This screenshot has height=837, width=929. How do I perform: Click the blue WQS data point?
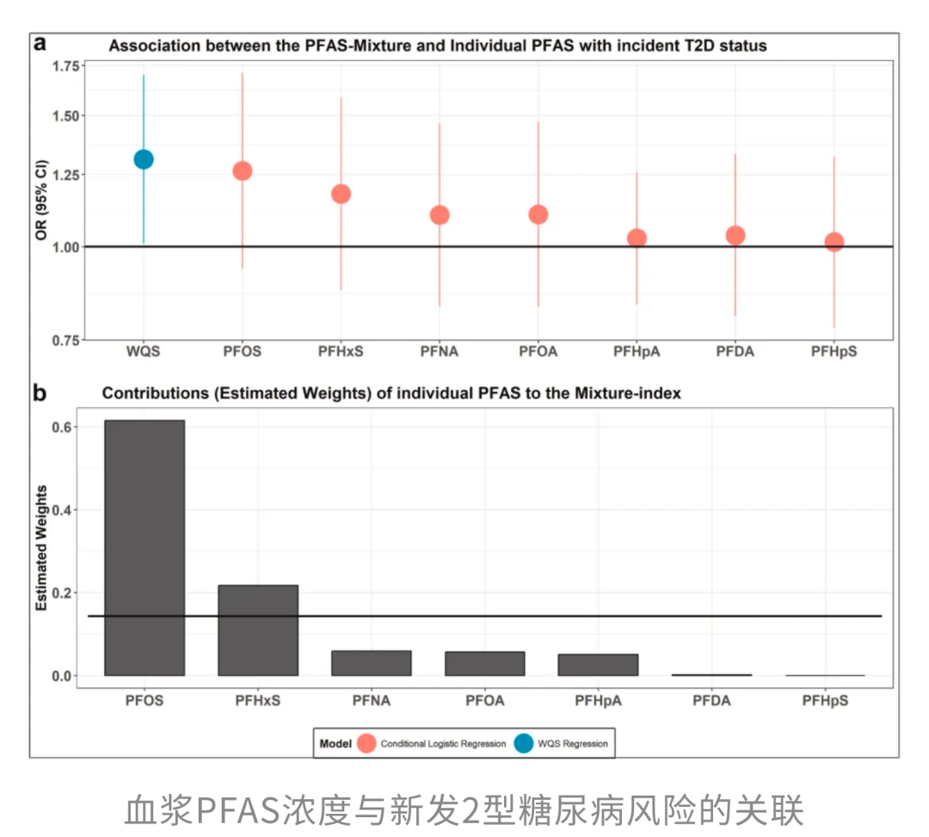144,159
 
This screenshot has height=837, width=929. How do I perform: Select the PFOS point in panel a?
243,170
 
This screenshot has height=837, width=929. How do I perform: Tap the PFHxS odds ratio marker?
341,194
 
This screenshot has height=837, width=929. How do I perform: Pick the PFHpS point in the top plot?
834,241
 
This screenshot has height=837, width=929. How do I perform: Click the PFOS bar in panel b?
145,548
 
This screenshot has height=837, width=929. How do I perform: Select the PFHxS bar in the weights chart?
258,630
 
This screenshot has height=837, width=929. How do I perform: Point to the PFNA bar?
372,663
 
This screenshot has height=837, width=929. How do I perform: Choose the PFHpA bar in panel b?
598,665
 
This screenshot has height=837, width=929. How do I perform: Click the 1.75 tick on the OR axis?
65,65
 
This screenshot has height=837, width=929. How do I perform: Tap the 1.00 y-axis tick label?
65,247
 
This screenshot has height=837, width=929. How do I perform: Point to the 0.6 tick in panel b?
62,427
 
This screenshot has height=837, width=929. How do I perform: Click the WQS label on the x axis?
144,351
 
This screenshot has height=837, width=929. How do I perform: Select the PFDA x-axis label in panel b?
711,701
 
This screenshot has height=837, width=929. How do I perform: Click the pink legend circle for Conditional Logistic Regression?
366,743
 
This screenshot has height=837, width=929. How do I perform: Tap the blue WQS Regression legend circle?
524,743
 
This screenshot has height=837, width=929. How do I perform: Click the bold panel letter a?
40,43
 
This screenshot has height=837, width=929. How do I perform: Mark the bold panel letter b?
40,393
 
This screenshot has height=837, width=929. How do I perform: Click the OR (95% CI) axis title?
41,200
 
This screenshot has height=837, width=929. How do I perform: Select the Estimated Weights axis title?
41,548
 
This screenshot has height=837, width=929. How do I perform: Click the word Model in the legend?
335,743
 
